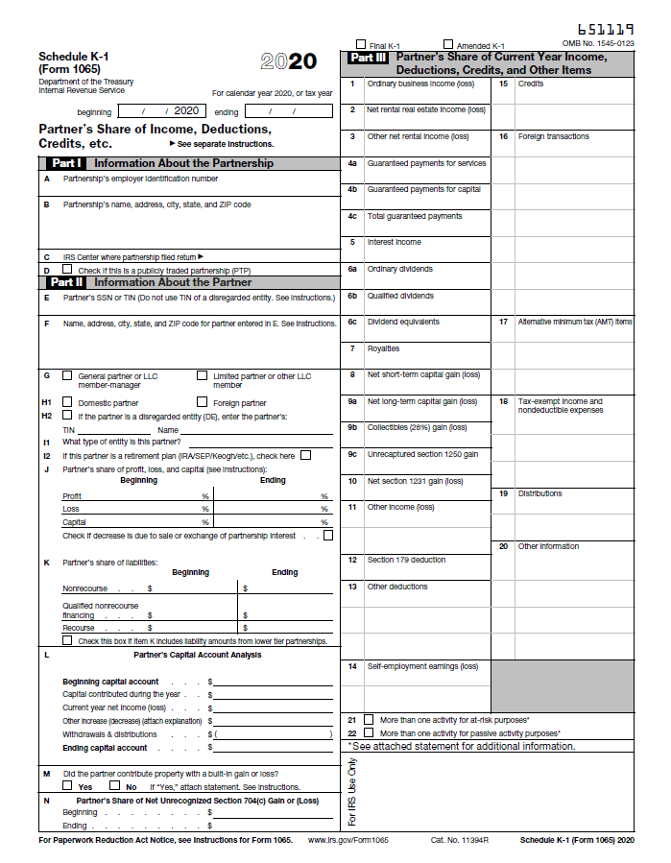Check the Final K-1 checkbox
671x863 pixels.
(361, 45)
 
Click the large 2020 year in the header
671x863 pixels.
(288, 62)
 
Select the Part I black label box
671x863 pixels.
(67, 163)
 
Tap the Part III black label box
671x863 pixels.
(368, 58)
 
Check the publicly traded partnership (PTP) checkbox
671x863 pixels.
(67, 270)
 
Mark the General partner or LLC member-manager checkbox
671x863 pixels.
(67, 375)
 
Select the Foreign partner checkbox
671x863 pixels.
(202, 402)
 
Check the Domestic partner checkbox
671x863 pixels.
(67, 402)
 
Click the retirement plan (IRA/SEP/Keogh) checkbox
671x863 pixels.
(305, 455)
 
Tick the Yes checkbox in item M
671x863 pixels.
(67, 785)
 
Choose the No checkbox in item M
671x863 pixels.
(114, 785)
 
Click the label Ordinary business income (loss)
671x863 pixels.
(420, 84)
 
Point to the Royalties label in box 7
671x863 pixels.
(383, 348)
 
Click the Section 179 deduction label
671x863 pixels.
(406, 560)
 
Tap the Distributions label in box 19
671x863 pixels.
(539, 493)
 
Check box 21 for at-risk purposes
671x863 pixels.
(369, 719)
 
